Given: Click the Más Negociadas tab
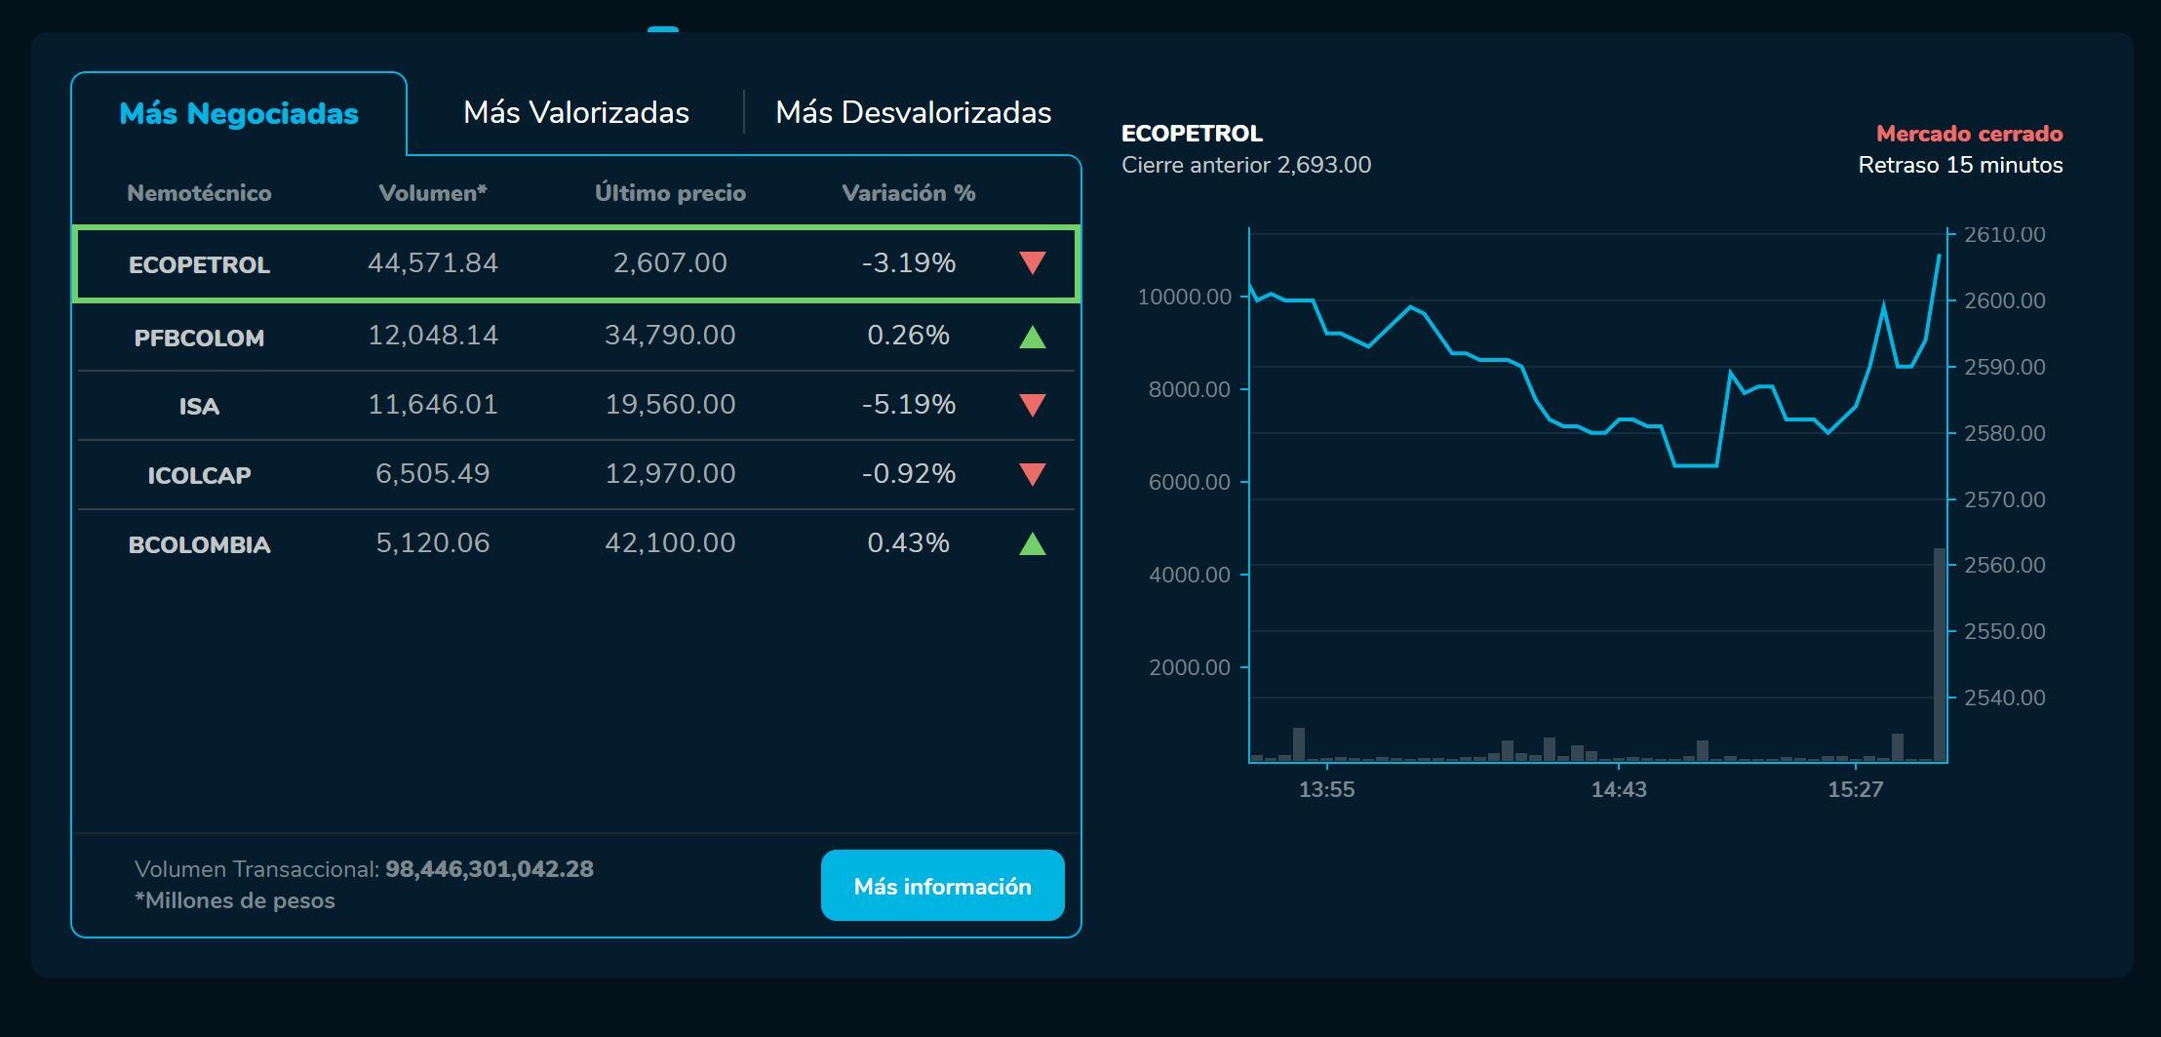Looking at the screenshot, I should point(239,113).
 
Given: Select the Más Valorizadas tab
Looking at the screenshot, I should point(575,112).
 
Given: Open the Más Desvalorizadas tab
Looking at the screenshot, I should point(913,112).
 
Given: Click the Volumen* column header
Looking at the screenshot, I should point(432,193).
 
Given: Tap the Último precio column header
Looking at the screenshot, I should point(670,193).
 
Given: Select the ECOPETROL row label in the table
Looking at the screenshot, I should point(199,264).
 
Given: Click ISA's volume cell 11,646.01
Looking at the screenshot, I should point(432,405).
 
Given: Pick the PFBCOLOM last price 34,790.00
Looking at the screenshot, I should point(670,336).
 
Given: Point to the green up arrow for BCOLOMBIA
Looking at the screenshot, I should point(1032,544).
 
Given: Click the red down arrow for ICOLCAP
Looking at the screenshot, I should point(1032,474).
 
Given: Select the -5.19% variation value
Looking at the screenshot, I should point(908,405).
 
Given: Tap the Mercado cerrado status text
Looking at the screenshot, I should point(1969,134).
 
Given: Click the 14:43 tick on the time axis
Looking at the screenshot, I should point(1619,789).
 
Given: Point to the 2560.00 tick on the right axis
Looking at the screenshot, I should point(2004,565).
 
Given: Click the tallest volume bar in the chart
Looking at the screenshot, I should point(1940,654).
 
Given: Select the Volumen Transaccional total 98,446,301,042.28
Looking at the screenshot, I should point(489,869).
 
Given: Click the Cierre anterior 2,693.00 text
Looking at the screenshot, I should point(1246,165).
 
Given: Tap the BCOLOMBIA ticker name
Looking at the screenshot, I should point(199,544).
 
